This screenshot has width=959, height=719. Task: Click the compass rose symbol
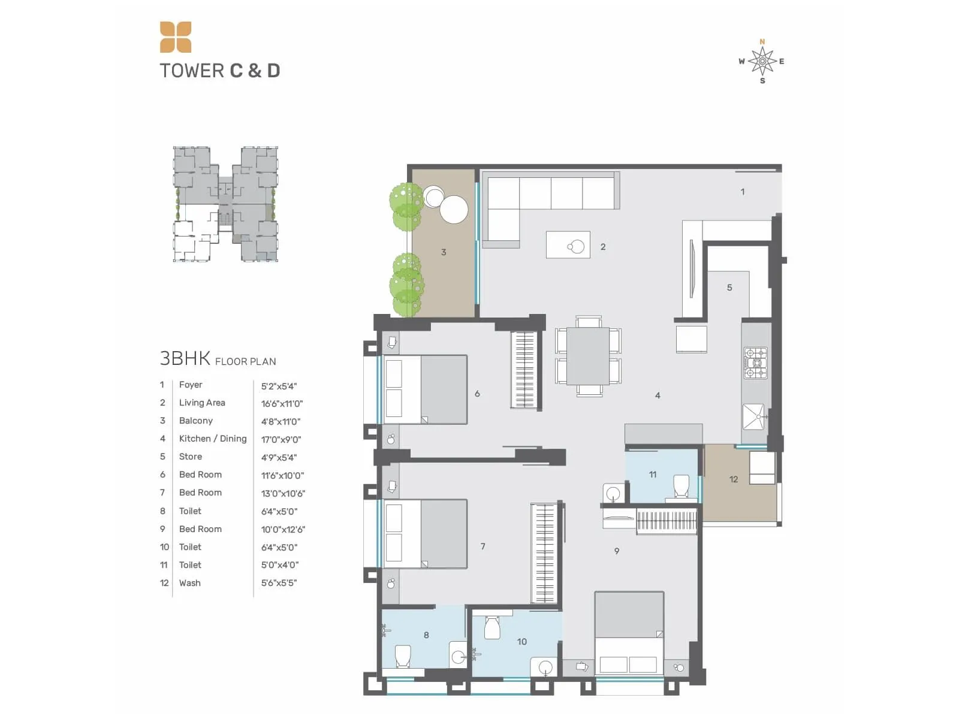(x=762, y=61)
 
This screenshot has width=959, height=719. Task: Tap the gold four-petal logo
(x=176, y=37)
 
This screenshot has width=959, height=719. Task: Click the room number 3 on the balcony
(x=444, y=252)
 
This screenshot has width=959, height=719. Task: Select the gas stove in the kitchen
(x=755, y=363)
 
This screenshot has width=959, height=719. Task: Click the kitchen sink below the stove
(x=754, y=416)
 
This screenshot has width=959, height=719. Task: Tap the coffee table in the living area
(x=568, y=245)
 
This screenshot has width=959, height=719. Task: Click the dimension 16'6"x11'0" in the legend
(x=282, y=404)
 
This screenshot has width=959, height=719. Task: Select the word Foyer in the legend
(x=191, y=385)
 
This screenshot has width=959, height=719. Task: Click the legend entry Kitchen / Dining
(x=213, y=439)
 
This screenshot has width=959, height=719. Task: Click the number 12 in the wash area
(x=734, y=479)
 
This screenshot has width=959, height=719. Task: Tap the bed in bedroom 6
(x=425, y=389)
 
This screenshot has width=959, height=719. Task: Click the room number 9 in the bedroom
(x=617, y=551)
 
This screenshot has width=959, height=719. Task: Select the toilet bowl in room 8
(x=403, y=655)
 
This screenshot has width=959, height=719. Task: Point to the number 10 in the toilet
(x=522, y=642)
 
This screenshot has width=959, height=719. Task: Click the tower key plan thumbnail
(x=225, y=204)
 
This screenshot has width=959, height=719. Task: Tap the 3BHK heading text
(x=185, y=358)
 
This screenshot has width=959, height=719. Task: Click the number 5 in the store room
(x=729, y=288)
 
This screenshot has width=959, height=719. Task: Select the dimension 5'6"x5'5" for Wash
(x=279, y=583)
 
